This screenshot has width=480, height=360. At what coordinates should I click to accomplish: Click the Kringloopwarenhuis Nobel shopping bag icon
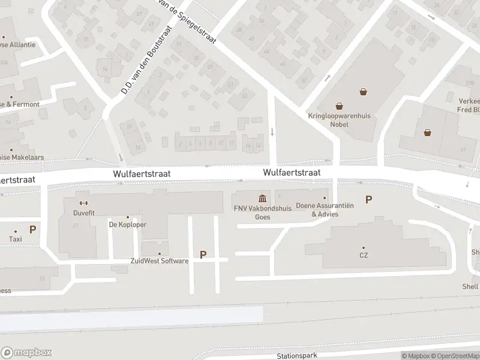pos(363,92)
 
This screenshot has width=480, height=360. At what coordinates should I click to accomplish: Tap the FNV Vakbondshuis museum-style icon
pos(262,199)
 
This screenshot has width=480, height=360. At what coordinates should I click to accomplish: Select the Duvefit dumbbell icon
pos(83,203)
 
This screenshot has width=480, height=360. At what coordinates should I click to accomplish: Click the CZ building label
pos(364,255)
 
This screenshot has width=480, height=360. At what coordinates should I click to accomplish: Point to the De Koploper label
pos(127,225)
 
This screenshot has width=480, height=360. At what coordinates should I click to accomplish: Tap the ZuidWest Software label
pos(160,261)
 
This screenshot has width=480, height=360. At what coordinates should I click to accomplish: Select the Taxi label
pos(15,239)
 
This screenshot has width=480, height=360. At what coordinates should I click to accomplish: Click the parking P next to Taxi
pos(32,229)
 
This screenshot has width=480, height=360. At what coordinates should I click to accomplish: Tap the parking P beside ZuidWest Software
pos(203,255)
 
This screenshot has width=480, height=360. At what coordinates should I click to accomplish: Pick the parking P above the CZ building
pos(368,200)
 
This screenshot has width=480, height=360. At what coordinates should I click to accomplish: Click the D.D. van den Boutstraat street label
pos(146,61)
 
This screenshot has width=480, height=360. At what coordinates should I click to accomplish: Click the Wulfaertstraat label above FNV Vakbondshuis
pos(291,172)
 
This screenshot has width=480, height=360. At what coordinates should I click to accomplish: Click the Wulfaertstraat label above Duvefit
pos(142,173)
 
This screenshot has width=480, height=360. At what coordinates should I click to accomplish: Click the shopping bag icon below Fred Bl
pos(427,133)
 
